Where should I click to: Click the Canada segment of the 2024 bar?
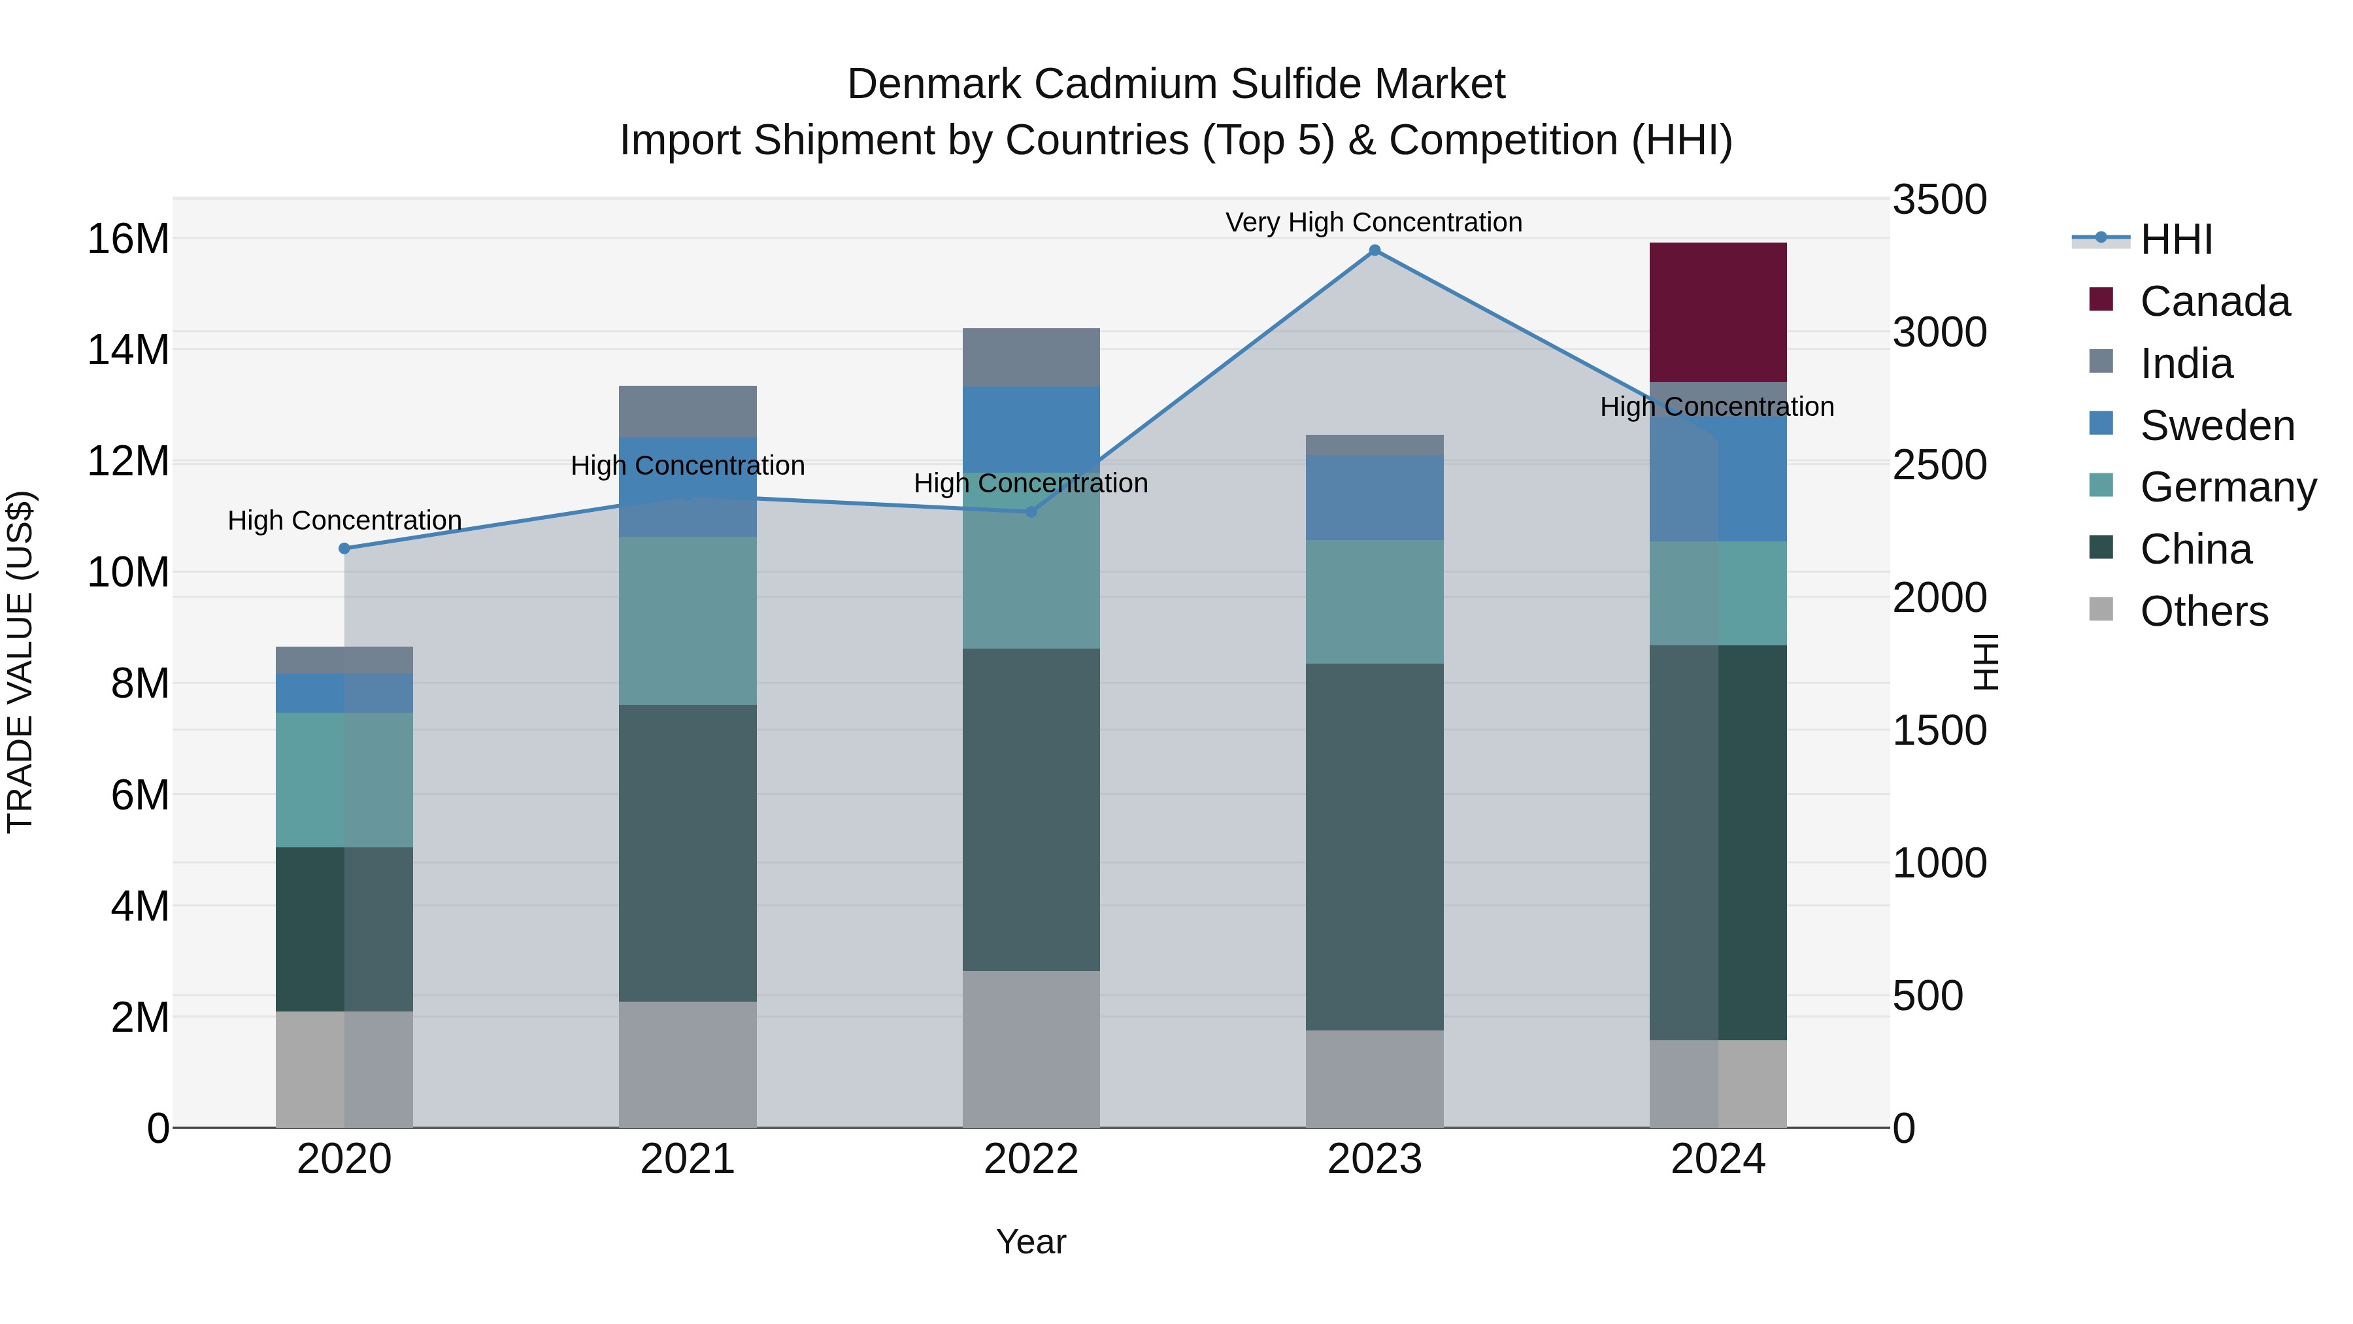[1717, 312]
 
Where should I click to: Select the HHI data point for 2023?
[1375, 250]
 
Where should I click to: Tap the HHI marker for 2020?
[344, 549]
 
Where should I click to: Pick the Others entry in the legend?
[2203, 611]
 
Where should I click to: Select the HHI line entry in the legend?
[2176, 239]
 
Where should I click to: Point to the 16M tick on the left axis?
[128, 239]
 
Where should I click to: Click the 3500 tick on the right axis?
[1939, 199]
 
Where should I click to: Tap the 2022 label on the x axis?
[1031, 1159]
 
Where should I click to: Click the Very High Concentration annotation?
[1374, 222]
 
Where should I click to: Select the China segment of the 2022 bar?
[1031, 809]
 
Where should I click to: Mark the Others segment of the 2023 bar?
[1375, 1078]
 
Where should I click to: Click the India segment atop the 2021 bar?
[688, 411]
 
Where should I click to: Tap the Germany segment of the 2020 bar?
[344, 779]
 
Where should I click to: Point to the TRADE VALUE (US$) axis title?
[21, 662]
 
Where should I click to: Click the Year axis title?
[1031, 1242]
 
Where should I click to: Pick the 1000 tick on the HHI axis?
[1939, 864]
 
